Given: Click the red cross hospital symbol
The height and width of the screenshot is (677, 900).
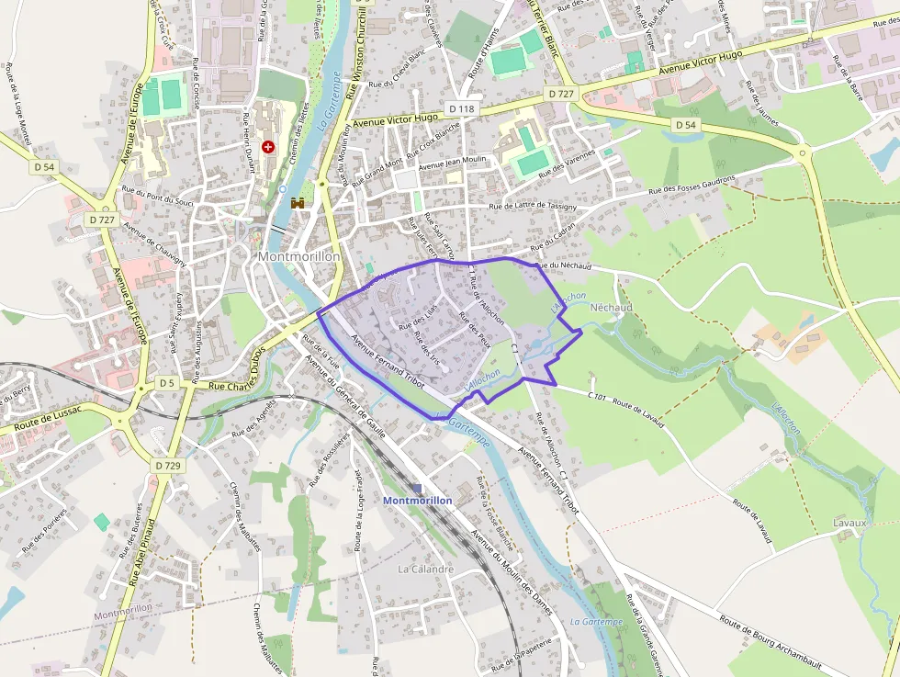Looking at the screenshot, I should (268, 146).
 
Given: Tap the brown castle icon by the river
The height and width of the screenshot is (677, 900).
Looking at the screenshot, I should (298, 203).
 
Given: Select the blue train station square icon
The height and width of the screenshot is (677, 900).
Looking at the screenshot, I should (417, 488).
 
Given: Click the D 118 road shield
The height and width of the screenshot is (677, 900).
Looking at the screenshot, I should (463, 108).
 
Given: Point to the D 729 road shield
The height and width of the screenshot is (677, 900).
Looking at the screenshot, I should (168, 466).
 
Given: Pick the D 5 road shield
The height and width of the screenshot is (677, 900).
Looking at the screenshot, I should (165, 382).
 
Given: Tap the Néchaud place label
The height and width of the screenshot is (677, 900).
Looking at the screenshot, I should (611, 307).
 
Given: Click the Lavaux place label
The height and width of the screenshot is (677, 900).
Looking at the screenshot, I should (849, 523).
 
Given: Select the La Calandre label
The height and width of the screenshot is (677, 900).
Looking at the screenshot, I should (425, 569).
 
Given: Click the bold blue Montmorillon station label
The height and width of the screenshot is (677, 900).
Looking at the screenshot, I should (417, 501).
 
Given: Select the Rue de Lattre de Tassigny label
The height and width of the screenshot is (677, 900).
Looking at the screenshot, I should (533, 207).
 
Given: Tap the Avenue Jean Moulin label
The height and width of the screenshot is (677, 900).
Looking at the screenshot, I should (452, 162).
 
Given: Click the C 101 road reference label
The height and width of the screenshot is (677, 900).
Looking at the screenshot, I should (598, 396).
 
